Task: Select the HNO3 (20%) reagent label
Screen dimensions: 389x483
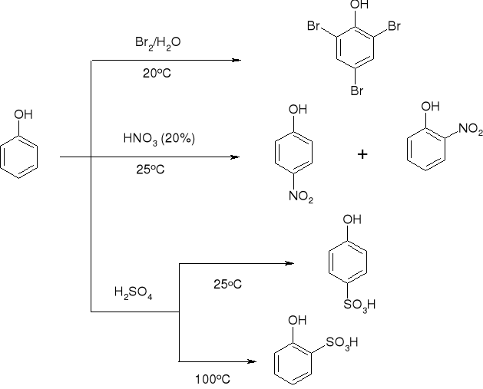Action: (x=159, y=139)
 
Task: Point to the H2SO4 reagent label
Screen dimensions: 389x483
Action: (x=133, y=292)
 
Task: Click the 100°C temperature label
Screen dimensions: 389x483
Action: (x=213, y=378)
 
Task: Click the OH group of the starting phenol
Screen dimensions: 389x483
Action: (x=24, y=115)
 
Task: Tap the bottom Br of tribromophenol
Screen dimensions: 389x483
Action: (x=358, y=90)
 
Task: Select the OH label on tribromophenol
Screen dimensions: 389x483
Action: (x=359, y=5)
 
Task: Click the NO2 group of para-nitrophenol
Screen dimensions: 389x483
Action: (x=301, y=198)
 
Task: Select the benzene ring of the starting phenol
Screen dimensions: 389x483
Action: (x=16, y=157)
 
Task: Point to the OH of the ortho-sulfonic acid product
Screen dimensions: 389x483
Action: (x=297, y=321)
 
